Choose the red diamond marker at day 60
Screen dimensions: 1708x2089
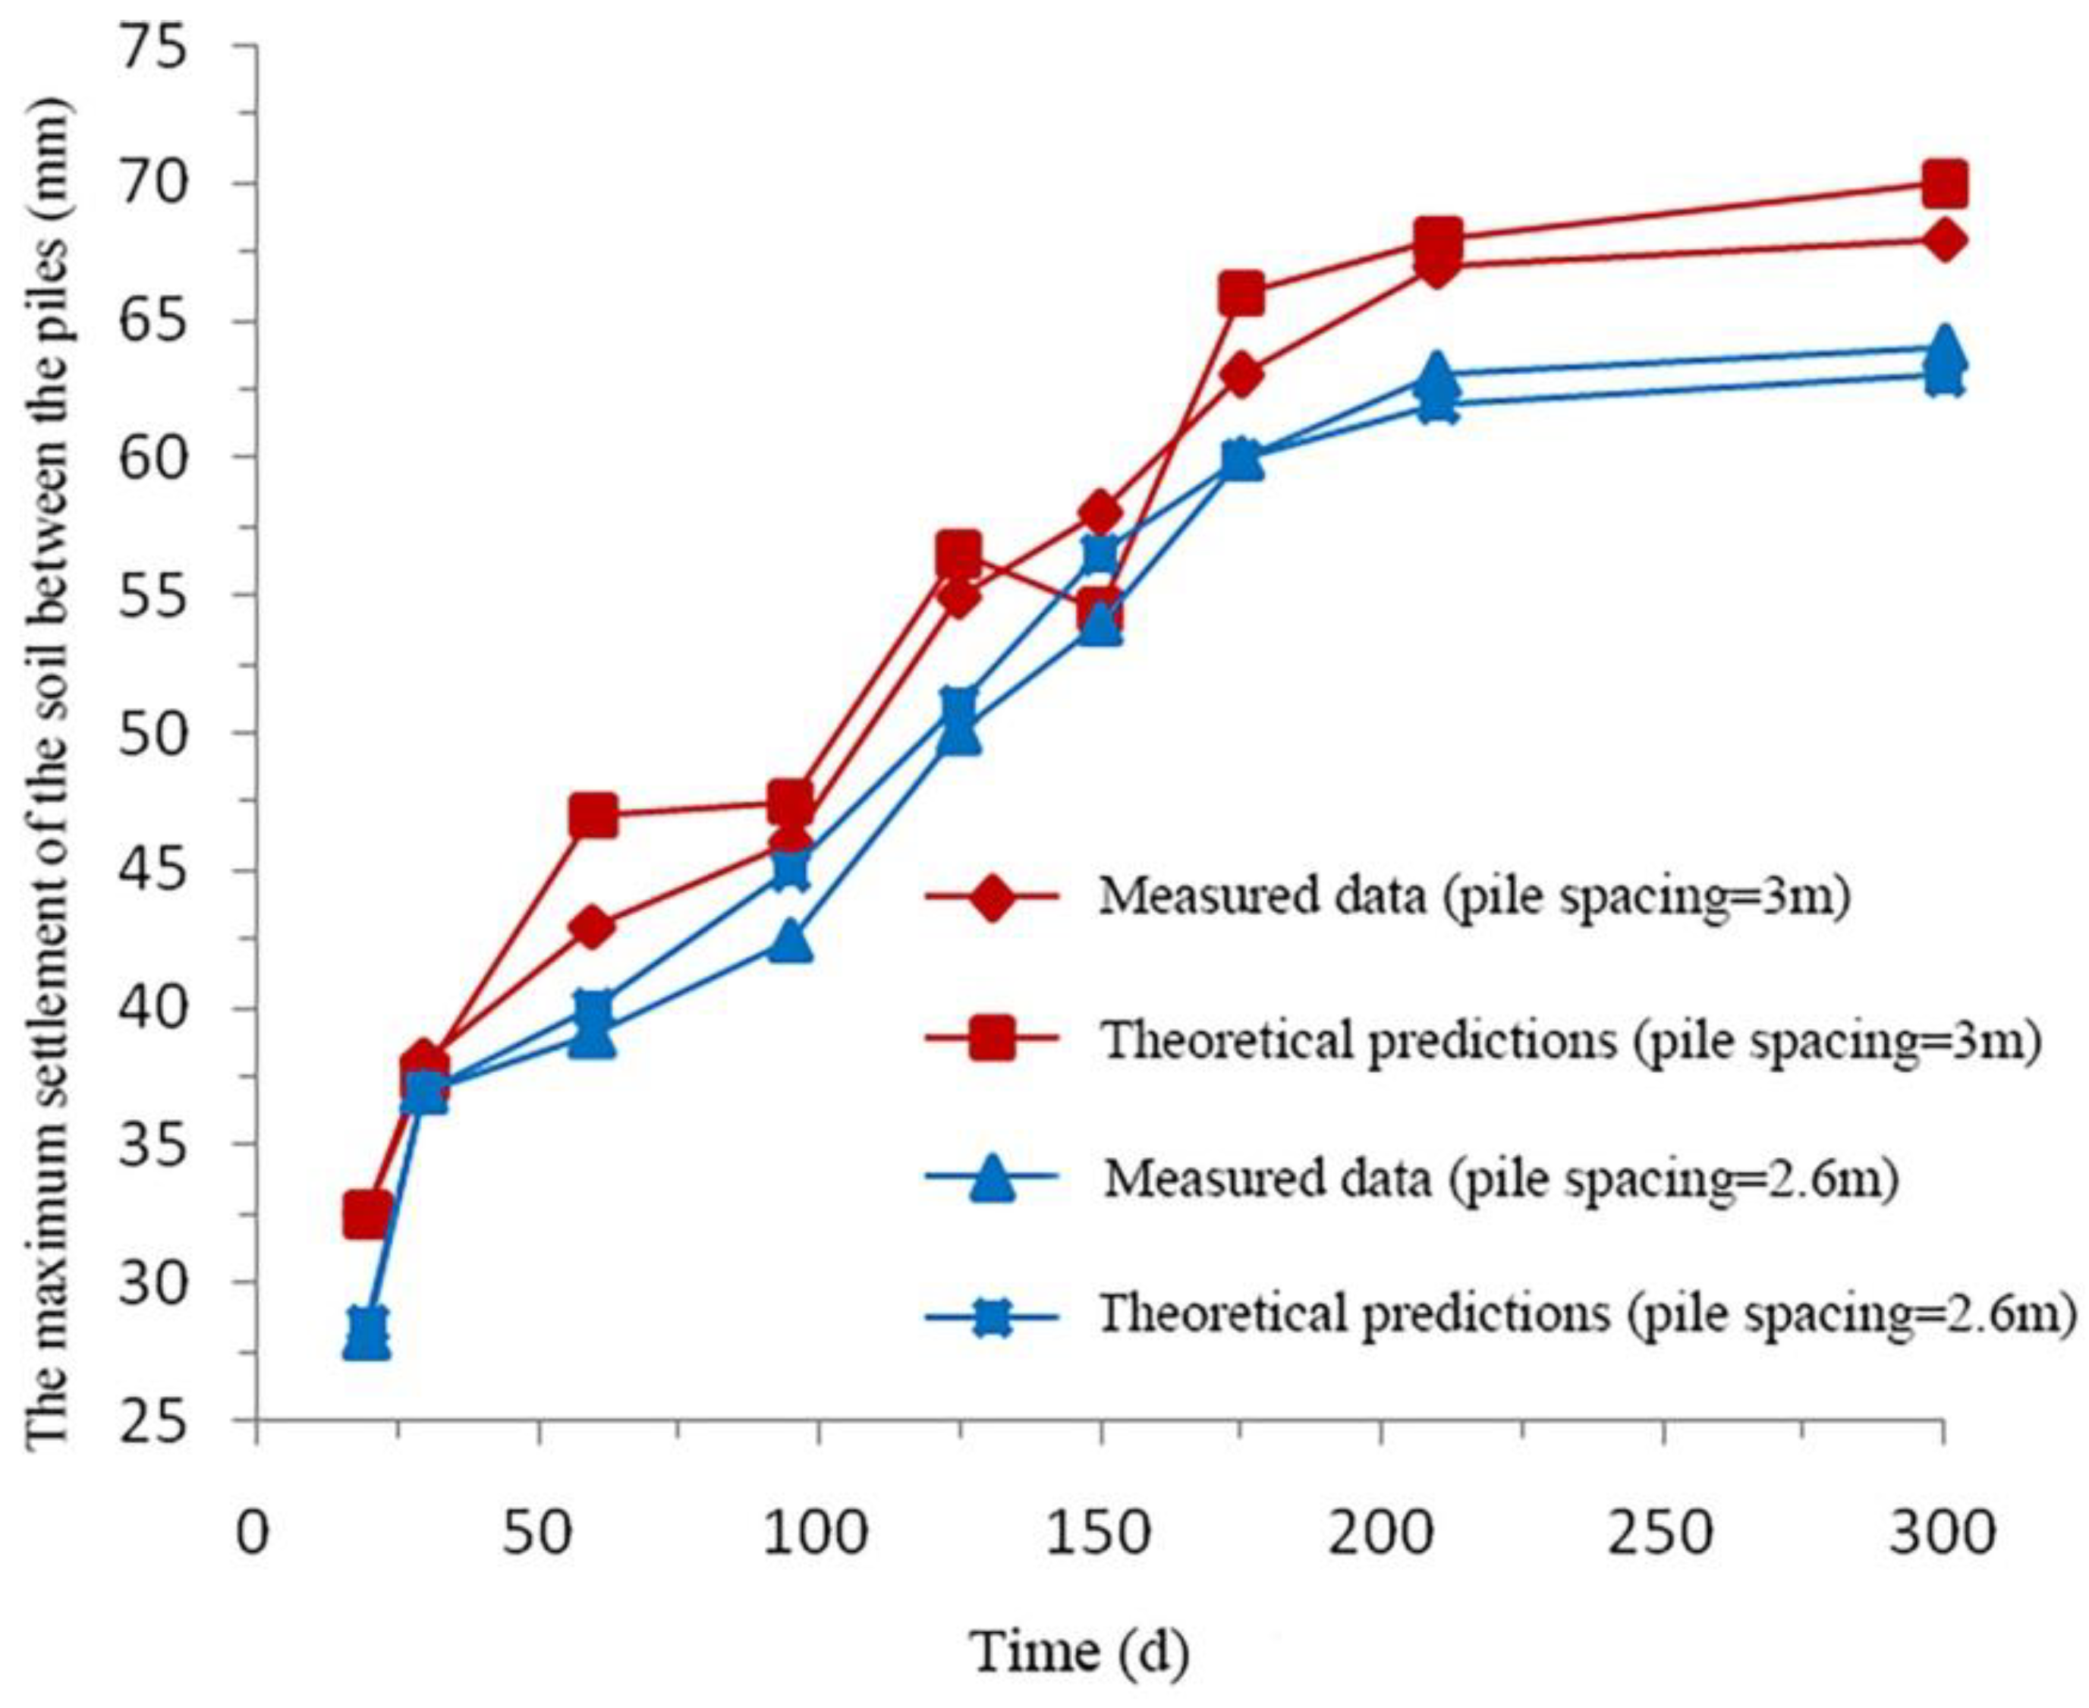(593, 926)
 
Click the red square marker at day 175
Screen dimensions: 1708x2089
(1241, 294)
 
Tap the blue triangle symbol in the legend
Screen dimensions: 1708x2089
(992, 1178)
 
